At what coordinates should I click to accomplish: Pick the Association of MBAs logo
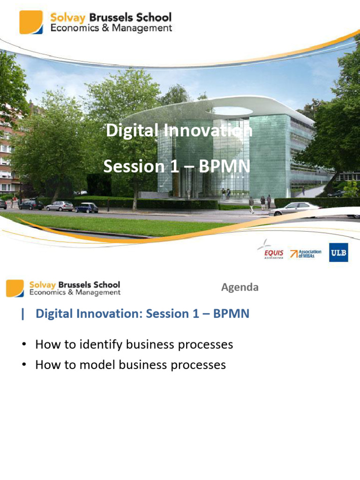point(306,254)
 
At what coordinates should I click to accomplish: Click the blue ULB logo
point(338,252)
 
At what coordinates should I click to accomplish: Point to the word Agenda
point(240,287)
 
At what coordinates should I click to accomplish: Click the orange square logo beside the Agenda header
point(15,288)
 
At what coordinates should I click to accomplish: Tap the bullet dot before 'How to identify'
point(23,345)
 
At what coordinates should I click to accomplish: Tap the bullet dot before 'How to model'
point(23,365)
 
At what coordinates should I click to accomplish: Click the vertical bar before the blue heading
point(22,314)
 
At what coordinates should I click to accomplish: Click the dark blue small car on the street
point(87,208)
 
